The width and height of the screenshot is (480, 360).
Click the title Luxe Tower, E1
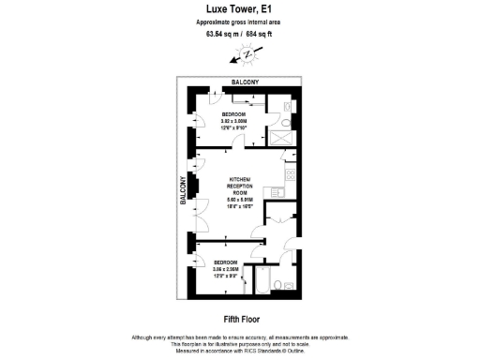coord(240,8)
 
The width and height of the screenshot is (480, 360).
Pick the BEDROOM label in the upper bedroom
coord(233,113)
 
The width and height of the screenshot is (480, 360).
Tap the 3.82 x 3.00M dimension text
coord(233,121)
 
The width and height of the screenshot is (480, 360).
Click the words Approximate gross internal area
coord(240,22)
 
